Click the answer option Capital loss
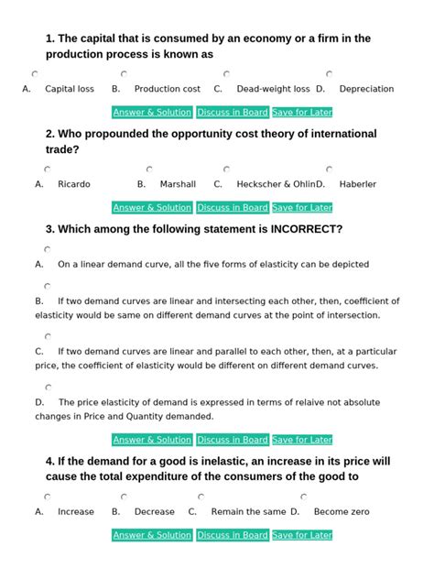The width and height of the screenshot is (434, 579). [70, 89]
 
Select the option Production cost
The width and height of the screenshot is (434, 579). [167, 89]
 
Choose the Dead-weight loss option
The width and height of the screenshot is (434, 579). [273, 89]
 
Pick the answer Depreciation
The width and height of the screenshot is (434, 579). [366, 89]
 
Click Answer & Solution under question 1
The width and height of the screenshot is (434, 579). [152, 113]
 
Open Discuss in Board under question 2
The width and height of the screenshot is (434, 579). [232, 207]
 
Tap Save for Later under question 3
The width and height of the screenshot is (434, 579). [302, 440]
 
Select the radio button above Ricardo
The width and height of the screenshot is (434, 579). [47, 169]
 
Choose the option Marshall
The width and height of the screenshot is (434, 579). [178, 184]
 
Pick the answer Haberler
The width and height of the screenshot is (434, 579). [357, 184]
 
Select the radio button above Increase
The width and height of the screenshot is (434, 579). [47, 497]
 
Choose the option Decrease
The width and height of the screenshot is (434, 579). [154, 512]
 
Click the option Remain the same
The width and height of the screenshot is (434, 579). [248, 512]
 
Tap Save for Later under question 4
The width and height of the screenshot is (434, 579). [302, 535]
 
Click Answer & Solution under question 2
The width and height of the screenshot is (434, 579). [152, 207]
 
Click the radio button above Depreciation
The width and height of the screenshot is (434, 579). [329, 74]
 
